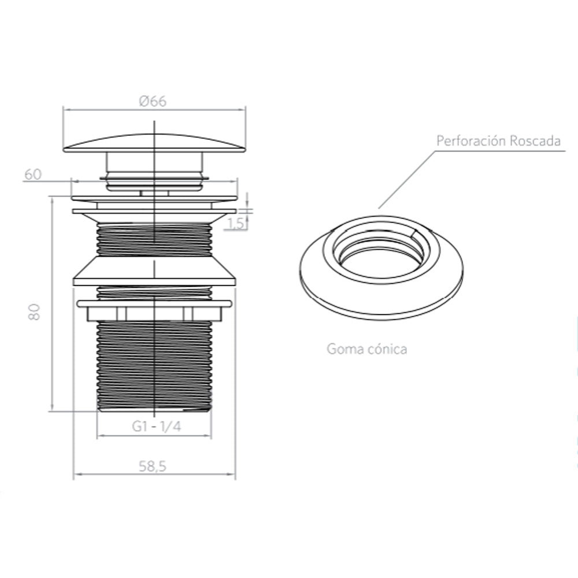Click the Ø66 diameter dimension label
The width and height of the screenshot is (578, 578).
click(153, 101)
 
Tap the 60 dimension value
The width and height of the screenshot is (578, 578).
click(33, 175)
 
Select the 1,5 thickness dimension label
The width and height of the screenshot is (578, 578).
click(236, 223)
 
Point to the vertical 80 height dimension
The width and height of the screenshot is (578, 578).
click(34, 312)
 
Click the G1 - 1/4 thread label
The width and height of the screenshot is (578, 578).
click(157, 427)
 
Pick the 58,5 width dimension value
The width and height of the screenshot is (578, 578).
click(153, 466)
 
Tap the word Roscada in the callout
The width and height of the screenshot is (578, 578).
click(536, 141)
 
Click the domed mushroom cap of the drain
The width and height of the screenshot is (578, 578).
click(154, 143)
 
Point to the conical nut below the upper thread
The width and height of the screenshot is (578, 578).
click(154, 271)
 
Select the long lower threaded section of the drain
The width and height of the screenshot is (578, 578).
click(154, 366)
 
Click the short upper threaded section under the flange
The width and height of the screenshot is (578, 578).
click(154, 240)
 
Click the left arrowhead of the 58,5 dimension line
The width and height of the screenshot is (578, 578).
click(77, 474)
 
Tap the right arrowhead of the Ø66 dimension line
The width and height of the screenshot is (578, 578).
click(243, 109)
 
